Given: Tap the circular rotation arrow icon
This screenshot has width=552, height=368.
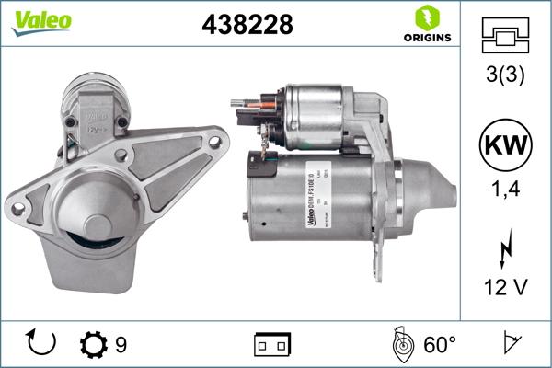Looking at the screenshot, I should [x=42, y=344].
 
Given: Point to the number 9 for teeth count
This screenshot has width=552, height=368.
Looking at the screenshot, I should [x=121, y=345].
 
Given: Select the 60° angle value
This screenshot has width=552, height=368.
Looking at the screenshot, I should [x=440, y=345].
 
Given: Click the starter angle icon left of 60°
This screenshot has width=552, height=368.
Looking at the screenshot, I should [x=401, y=344].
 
